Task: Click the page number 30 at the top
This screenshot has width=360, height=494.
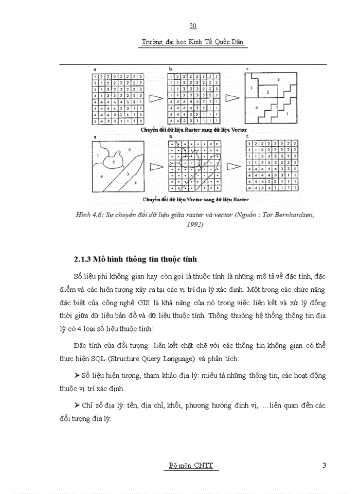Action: [193, 26]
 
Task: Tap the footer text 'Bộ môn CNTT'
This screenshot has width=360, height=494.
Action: [191, 466]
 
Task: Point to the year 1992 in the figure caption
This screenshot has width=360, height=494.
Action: [193, 224]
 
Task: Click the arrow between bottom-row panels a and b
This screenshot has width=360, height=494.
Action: [155, 166]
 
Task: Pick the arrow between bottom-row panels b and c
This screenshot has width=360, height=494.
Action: [233, 166]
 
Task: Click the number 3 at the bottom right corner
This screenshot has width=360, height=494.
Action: [324, 466]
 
